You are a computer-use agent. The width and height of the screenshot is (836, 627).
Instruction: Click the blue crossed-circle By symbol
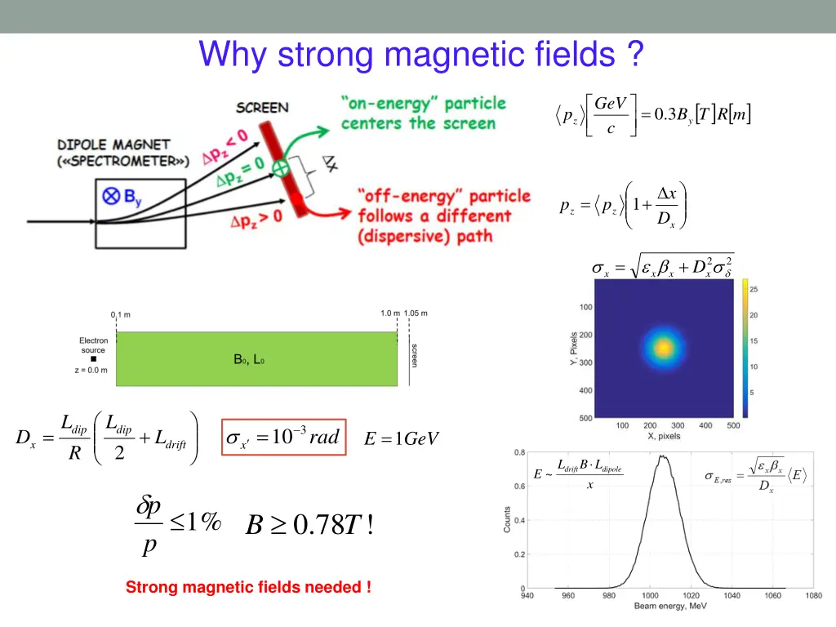[x=109, y=195]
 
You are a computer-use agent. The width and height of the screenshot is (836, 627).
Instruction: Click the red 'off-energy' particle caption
[x=443, y=216]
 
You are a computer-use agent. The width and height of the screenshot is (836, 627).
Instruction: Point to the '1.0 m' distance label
[x=390, y=313]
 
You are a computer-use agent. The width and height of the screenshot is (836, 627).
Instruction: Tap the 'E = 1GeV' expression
[x=401, y=439]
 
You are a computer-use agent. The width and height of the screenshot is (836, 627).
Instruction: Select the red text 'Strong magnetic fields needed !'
[x=248, y=587]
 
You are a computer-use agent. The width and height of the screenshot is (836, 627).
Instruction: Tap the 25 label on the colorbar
[x=754, y=290]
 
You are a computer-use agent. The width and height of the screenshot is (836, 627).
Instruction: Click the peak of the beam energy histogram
[x=663, y=457]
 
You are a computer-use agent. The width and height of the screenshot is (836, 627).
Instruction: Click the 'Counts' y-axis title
[x=507, y=519]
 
